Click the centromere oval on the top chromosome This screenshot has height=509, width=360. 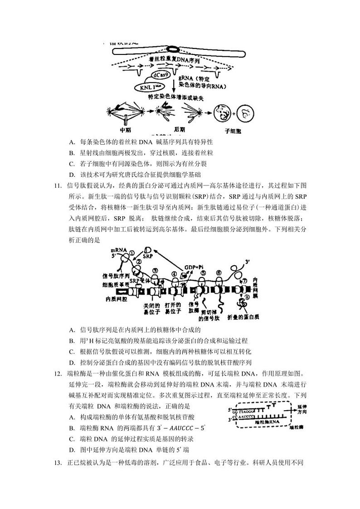point(174,49)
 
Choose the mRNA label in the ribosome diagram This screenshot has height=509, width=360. point(117,251)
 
